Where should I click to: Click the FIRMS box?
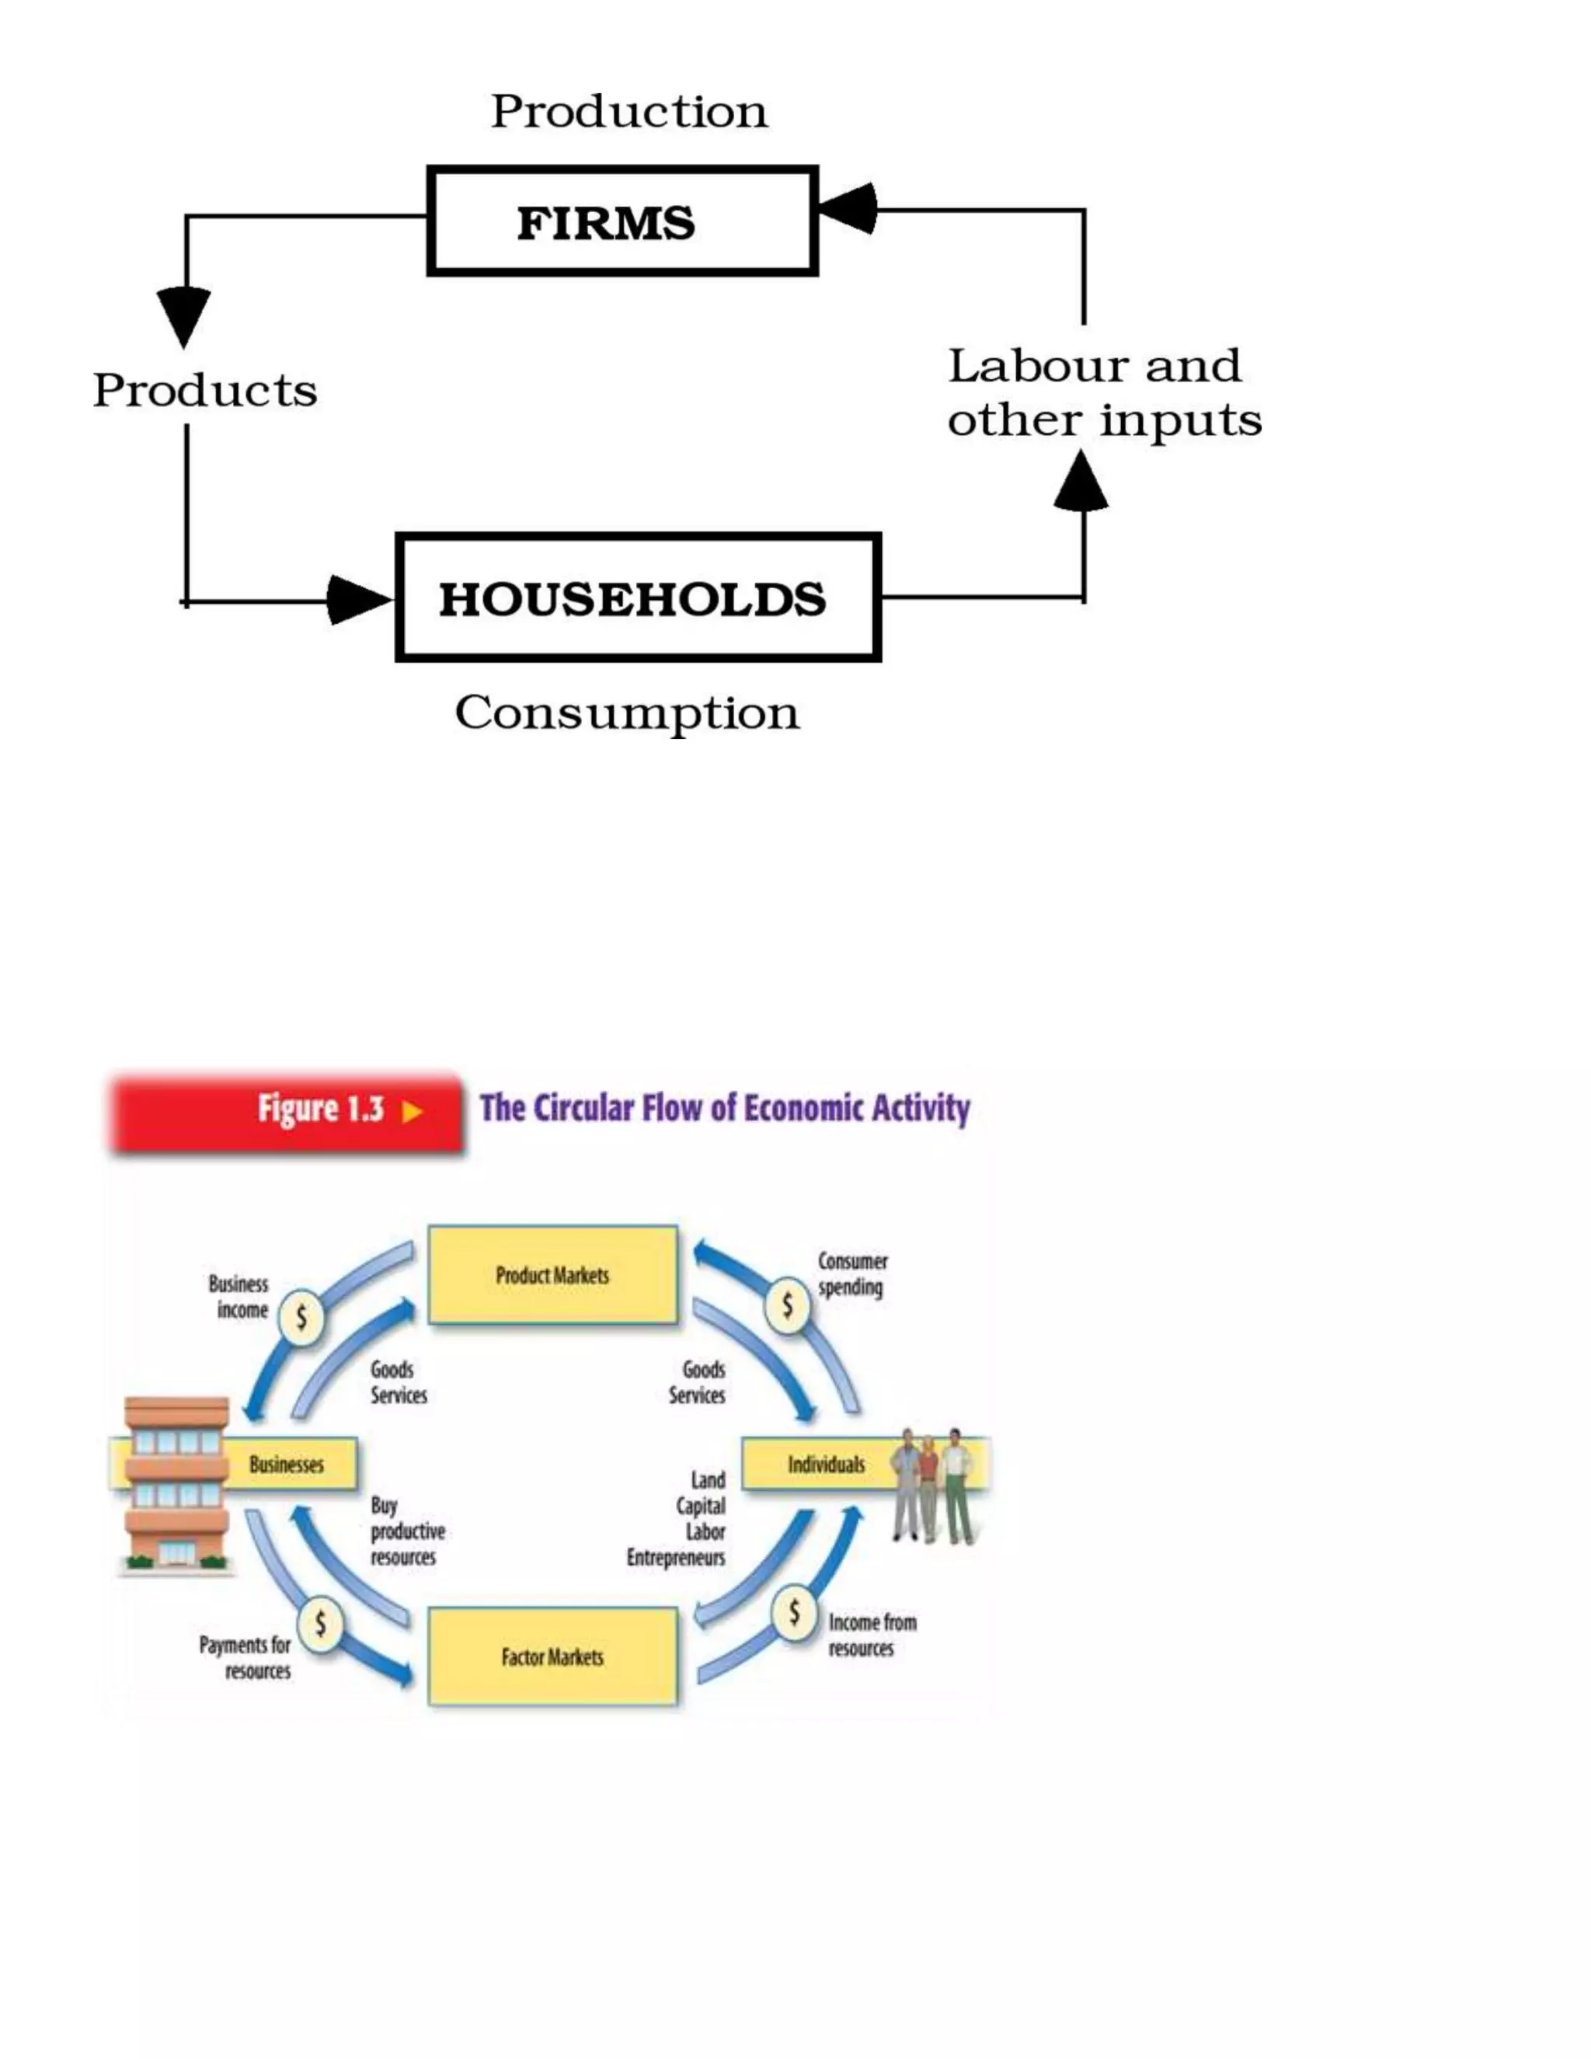622,221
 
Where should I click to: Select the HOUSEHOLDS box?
638,597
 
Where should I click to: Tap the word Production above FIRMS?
628,111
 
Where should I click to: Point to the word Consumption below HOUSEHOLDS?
627,712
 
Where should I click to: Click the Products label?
204,389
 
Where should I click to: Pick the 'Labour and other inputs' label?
1103,392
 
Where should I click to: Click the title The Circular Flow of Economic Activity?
724,1108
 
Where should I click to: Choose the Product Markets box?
552,1274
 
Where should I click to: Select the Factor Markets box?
552,1657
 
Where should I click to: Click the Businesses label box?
287,1464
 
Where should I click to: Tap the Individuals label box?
826,1464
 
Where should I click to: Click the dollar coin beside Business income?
301,1316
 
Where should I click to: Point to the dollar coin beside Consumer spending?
788,1306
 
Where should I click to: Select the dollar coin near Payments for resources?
321,1622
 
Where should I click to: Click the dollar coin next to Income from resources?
795,1612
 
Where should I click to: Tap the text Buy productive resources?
406,1531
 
